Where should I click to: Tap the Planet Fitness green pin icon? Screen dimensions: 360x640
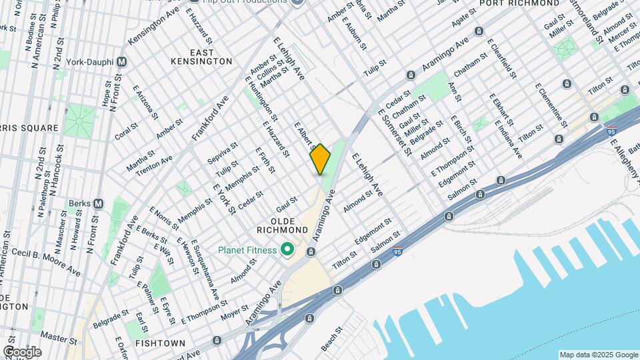pos(288,251)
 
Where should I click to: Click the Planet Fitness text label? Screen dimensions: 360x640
pos(247,251)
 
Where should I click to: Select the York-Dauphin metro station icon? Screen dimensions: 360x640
pos(121,61)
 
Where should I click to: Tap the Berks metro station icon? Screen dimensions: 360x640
pos(99,203)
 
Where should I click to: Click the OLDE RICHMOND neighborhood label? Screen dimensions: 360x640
pos(281,225)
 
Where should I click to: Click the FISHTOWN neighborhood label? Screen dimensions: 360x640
pos(157,343)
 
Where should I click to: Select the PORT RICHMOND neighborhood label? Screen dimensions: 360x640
pos(528,3)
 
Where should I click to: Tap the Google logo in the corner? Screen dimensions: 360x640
pos(22,351)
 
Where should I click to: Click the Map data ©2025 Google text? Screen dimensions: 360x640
pos(598,355)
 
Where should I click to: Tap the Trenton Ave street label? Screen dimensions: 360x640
pos(153,165)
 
